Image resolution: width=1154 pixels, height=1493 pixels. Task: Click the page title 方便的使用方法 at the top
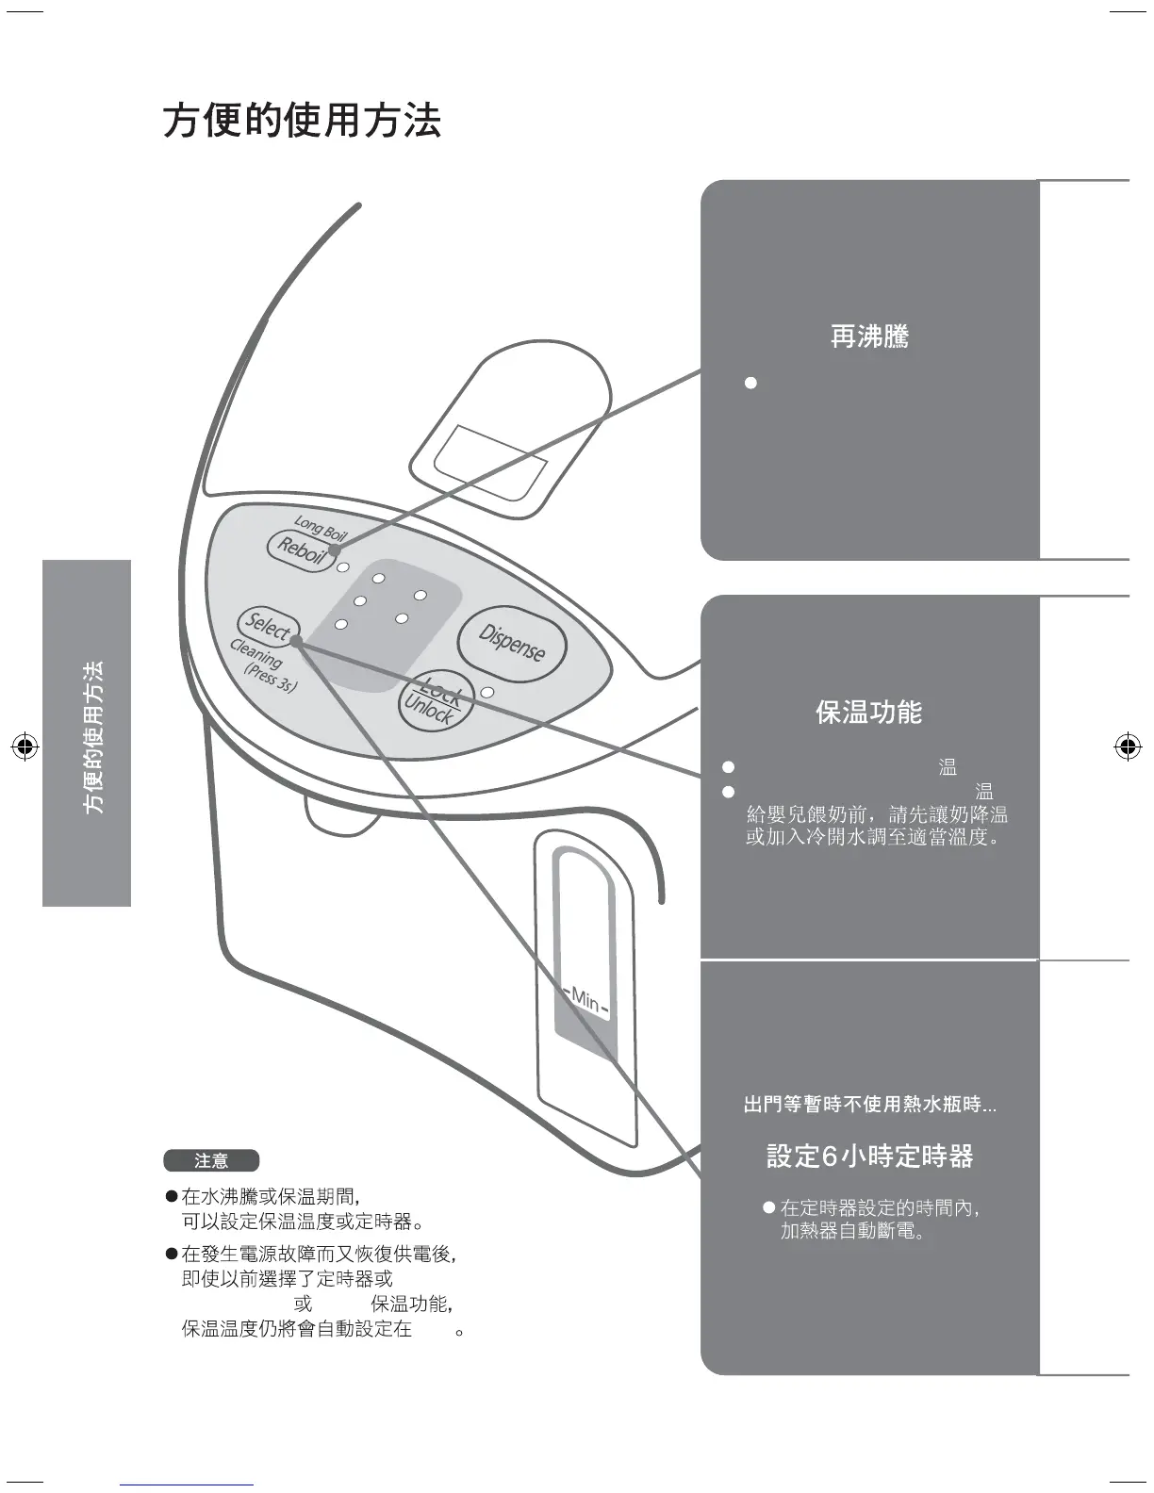pos(302,121)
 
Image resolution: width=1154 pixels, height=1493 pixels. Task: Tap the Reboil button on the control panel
pos(301,550)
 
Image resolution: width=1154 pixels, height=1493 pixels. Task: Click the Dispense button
pos(512,643)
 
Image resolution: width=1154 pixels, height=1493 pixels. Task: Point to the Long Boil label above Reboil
pos(321,528)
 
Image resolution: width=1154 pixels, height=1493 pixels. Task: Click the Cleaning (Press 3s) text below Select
pos(263,664)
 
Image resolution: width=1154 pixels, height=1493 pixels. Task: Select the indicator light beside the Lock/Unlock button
pos(486,693)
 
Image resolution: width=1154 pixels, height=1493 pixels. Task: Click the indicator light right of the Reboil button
pos(343,567)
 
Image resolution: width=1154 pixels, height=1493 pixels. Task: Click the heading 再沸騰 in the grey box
pos(869,336)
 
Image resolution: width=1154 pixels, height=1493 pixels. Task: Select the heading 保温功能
pos(868,713)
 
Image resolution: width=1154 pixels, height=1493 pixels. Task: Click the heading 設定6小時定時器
pos(869,1157)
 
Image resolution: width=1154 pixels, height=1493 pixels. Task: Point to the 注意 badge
pos(211,1161)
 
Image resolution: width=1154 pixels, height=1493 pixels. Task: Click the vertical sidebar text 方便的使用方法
pos(93,736)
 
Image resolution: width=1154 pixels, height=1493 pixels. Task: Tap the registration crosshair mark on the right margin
pos(1127,747)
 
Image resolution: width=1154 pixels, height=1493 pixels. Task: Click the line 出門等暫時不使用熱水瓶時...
pos(869,1105)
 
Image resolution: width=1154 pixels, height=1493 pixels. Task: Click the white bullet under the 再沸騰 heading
pos(750,383)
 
